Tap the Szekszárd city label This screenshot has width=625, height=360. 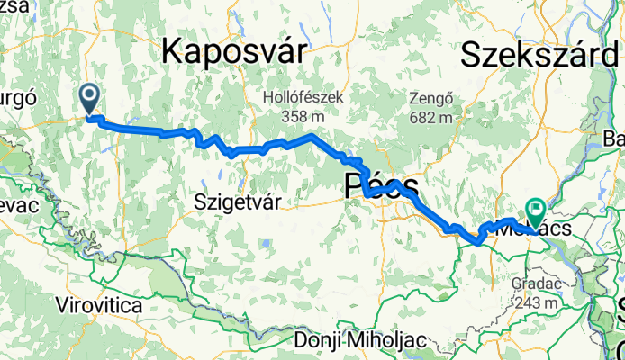(541, 55)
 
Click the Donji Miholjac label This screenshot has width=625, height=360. (358, 341)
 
